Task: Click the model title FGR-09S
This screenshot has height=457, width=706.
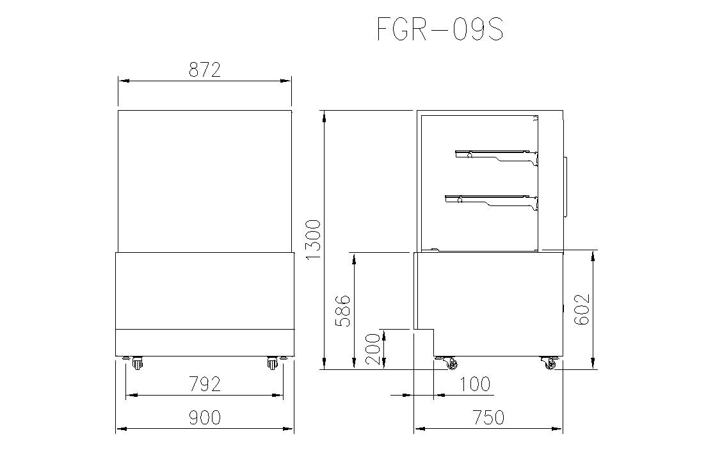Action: click(440, 29)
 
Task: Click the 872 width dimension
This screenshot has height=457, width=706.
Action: click(205, 70)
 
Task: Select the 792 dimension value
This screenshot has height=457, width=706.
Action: click(205, 385)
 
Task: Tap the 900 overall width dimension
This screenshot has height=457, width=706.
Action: click(205, 418)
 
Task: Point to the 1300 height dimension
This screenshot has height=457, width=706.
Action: click(313, 239)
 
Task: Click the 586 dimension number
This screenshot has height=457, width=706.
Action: click(343, 311)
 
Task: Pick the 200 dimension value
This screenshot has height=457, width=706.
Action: click(373, 349)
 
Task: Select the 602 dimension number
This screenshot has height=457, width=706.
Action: click(582, 309)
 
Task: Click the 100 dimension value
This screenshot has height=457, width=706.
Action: click(475, 385)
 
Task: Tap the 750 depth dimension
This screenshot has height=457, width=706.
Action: click(488, 418)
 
